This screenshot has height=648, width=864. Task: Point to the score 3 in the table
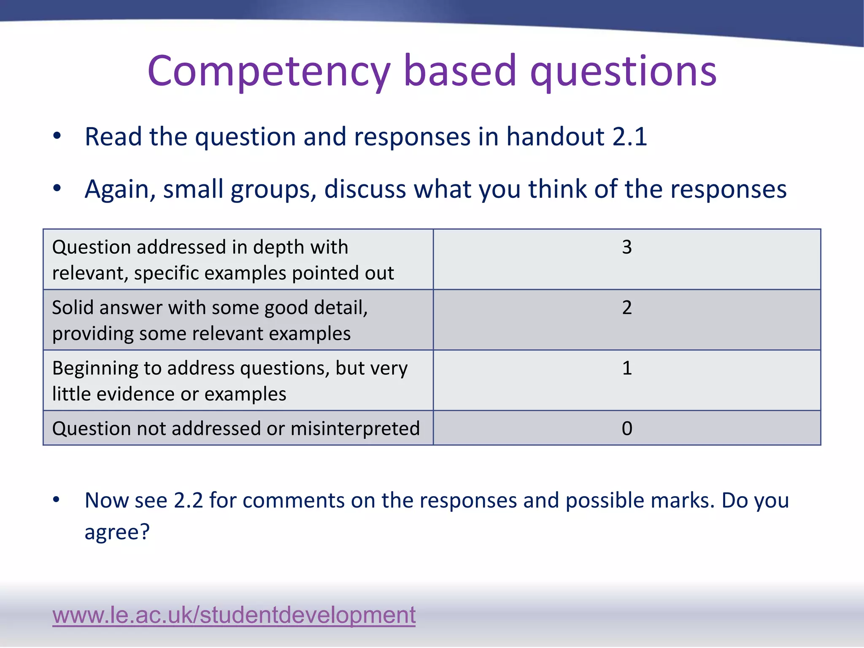[x=627, y=247]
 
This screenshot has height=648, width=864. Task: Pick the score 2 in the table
[x=627, y=308]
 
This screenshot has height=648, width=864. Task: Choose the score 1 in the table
[x=627, y=368]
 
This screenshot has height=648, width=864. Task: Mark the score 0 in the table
[x=627, y=429]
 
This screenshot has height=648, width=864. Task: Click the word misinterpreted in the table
[x=355, y=429]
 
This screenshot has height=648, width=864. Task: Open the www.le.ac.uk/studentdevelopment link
[x=234, y=615]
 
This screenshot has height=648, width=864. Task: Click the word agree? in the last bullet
[x=117, y=532]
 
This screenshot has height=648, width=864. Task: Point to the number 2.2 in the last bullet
[x=188, y=500]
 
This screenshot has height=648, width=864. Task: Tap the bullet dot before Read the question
[x=57, y=136]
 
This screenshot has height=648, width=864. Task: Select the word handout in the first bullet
[x=556, y=137]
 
